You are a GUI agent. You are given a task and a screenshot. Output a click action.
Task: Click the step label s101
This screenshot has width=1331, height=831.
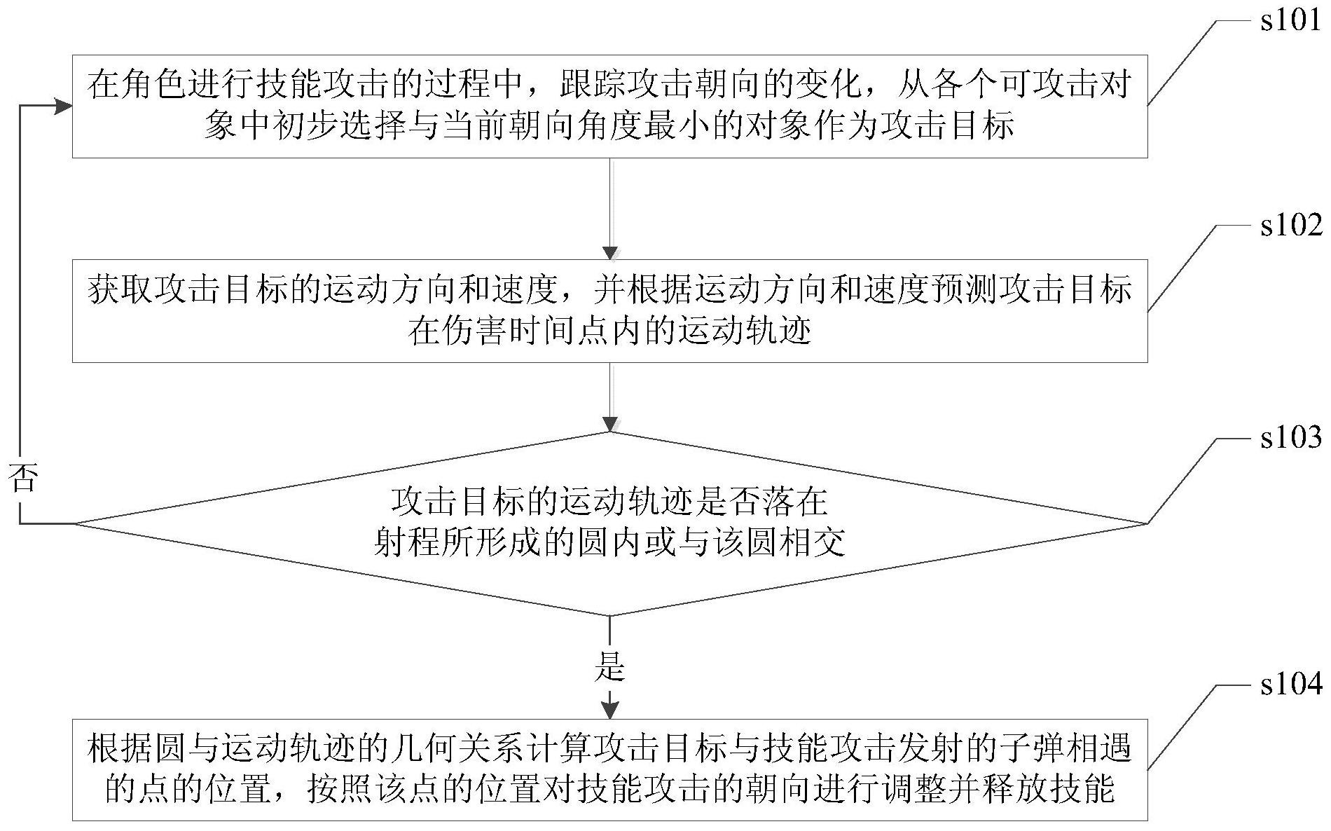pyautogui.click(x=1290, y=21)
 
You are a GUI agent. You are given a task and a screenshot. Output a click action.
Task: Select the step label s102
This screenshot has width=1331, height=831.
pyautogui.click(x=1290, y=226)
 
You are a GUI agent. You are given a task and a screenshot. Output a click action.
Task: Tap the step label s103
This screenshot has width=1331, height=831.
pyautogui.click(x=1290, y=438)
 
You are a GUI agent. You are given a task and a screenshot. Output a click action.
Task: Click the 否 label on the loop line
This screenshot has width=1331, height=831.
pyautogui.click(x=22, y=479)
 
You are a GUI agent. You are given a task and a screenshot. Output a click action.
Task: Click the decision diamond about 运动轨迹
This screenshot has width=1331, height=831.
pyautogui.click(x=609, y=523)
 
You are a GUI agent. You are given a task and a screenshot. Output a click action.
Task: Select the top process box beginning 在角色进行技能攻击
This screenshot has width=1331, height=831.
pyautogui.click(x=609, y=106)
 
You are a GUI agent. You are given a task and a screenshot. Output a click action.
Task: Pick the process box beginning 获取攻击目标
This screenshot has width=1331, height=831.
pyautogui.click(x=609, y=310)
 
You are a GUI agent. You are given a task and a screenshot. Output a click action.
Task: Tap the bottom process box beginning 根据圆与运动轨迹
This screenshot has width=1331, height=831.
pyautogui.click(x=609, y=769)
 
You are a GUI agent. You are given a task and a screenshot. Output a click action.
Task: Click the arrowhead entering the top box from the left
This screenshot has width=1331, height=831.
pyautogui.click(x=63, y=106)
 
